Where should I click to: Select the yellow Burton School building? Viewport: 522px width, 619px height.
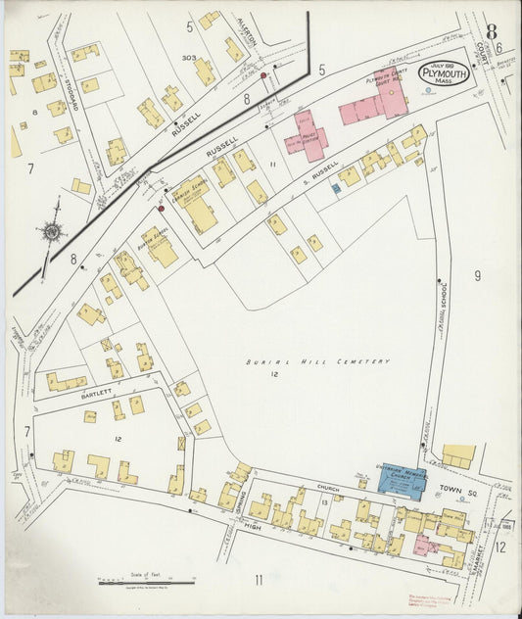[x=161, y=247]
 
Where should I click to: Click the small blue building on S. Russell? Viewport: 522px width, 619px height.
[x=336, y=186]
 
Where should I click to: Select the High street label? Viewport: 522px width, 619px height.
[x=254, y=529]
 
